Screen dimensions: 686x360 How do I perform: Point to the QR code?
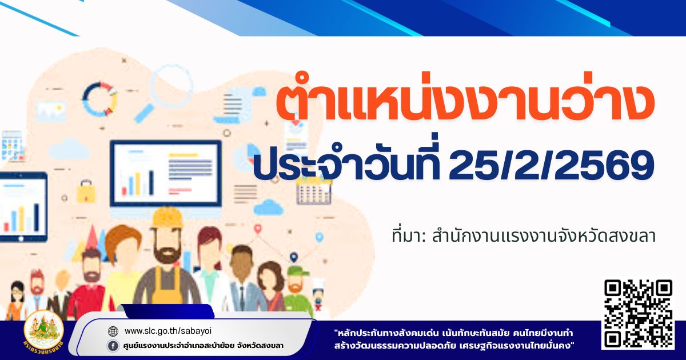(x=638, y=314)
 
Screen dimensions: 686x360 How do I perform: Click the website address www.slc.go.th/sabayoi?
(x=168, y=331)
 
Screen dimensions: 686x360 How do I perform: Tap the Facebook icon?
(x=113, y=346)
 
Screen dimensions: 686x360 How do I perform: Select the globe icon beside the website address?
(x=113, y=331)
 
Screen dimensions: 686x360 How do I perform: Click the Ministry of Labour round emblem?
(x=44, y=331)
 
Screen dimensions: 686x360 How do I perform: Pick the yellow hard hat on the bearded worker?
(x=167, y=218)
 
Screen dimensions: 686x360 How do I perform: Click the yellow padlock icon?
(x=86, y=191)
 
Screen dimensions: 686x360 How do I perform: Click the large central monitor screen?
(x=166, y=173)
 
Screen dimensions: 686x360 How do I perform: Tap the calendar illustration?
(x=314, y=191)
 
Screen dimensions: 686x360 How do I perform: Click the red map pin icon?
(x=258, y=229)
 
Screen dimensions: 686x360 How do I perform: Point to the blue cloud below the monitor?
(x=268, y=207)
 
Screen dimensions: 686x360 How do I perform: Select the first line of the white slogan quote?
(x=454, y=333)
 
